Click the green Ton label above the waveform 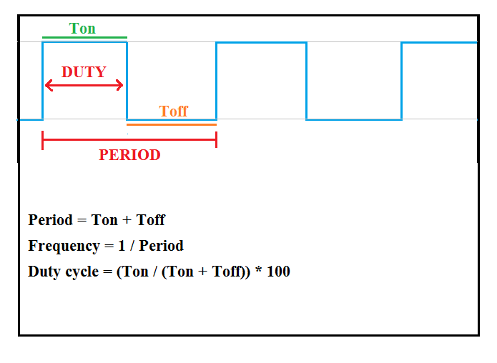coord(82,29)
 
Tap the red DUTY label coord(84,71)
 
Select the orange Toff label coord(173,111)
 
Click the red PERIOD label coord(129,155)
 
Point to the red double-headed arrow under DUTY coord(84,86)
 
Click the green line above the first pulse coord(84,37)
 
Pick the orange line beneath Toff coord(172,124)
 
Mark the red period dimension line coord(129,141)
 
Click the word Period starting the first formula coord(50,220)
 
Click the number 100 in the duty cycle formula coord(277,272)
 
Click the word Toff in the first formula coord(150,220)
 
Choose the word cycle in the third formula coord(79,272)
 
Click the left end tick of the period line coord(43,141)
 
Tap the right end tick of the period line coord(216,141)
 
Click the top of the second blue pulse coord(261,42)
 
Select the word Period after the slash coord(161,246)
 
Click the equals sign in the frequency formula coord(107,247)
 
